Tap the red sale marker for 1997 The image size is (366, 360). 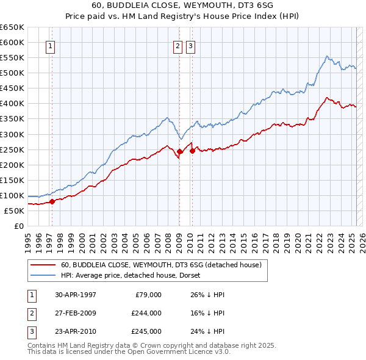[x=52, y=201]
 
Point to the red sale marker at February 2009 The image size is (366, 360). [x=180, y=151]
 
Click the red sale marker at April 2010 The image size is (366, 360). [x=192, y=150]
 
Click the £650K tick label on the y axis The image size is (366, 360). [x=12, y=27]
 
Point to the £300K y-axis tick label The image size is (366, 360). [x=12, y=134]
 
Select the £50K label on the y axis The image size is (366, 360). [x=15, y=211]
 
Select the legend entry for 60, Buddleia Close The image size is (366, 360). [x=161, y=265]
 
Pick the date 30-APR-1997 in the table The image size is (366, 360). [x=76, y=295]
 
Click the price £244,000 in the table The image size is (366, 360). [x=146, y=313]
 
